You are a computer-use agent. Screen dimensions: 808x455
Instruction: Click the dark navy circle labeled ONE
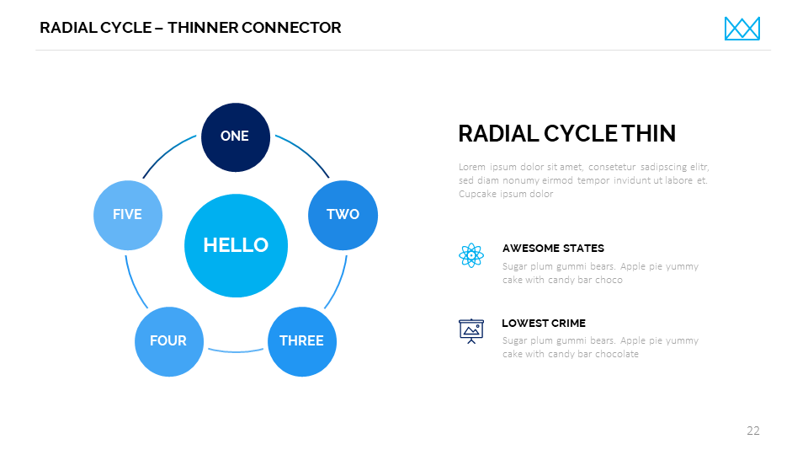point(236,137)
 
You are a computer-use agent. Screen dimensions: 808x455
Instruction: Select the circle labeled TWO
point(343,215)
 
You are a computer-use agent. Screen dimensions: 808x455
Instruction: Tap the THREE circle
point(302,341)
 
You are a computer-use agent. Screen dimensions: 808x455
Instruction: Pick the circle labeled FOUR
point(169,341)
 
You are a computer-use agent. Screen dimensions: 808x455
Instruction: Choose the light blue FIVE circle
point(128,215)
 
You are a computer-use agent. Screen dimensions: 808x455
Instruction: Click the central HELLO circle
point(236,245)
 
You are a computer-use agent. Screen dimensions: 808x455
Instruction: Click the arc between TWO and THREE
point(338,284)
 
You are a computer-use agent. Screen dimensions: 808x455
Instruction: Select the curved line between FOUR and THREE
point(236,352)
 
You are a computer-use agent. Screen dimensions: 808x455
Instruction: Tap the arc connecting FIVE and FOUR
point(133,284)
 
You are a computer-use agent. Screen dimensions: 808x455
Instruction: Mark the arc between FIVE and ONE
point(166,153)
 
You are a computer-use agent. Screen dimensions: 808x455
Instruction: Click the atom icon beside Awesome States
point(471,255)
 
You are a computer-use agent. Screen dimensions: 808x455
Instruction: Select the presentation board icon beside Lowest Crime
point(471,331)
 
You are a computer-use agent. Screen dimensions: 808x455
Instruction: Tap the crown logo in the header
point(742,29)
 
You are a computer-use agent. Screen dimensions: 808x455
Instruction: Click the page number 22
point(752,431)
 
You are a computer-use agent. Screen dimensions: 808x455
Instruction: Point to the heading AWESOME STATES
point(553,248)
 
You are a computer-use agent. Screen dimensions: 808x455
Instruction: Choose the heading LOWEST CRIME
point(544,323)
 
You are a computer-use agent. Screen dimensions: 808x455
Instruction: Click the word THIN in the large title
point(648,134)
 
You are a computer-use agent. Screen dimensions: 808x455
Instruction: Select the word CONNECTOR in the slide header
point(291,27)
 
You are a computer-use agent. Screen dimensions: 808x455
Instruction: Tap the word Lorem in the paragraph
point(472,167)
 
